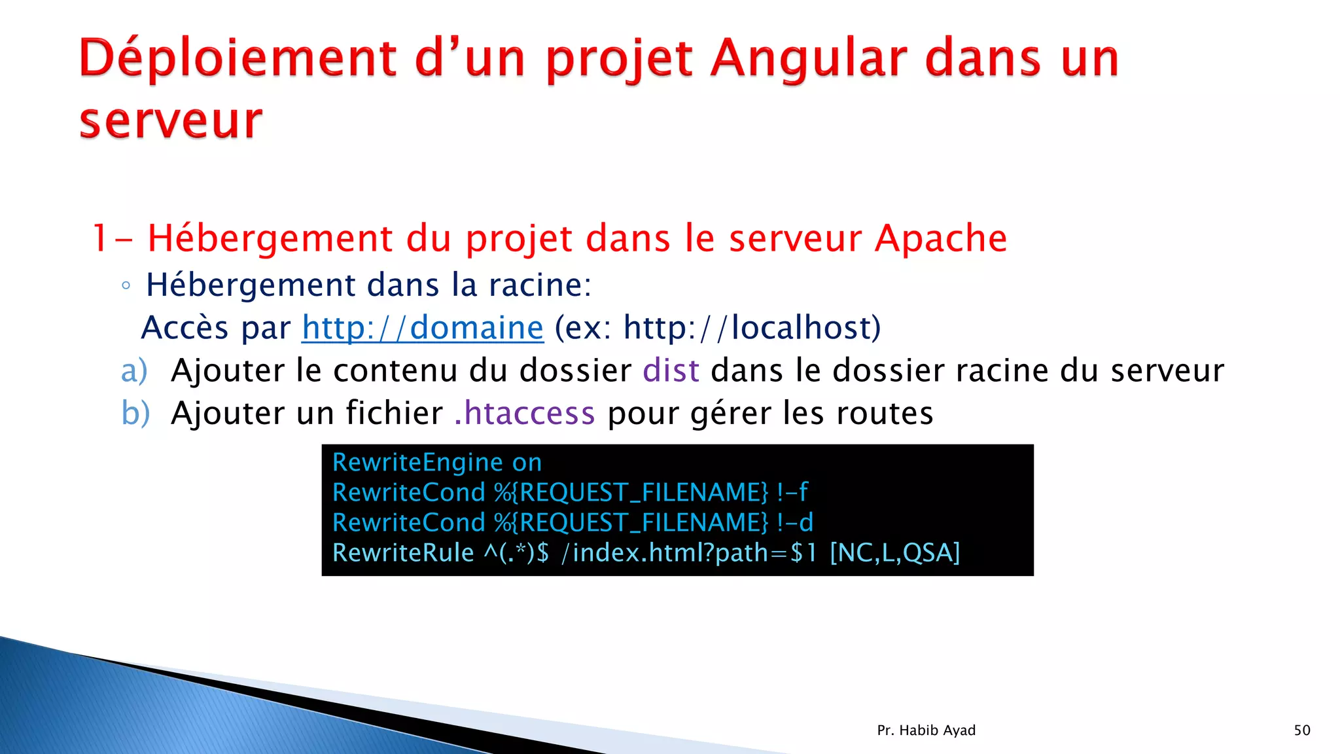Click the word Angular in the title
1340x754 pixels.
(x=810, y=59)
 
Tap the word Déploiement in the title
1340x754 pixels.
(x=238, y=59)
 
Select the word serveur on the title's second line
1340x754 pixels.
(x=171, y=122)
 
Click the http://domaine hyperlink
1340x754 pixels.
(x=423, y=328)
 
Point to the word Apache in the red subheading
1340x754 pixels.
(x=941, y=238)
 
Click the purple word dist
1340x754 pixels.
(x=671, y=371)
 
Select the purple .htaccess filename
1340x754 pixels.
(x=525, y=414)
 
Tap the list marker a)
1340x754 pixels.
(x=134, y=371)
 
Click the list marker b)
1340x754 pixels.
(x=135, y=414)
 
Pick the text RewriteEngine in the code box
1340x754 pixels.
(x=417, y=463)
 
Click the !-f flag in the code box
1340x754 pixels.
(x=792, y=492)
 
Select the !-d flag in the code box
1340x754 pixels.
(x=795, y=522)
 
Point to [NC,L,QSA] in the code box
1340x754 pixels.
(x=894, y=553)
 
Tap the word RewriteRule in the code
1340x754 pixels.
(x=403, y=553)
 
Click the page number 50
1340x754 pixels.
(x=1302, y=730)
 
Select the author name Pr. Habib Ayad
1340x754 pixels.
(x=926, y=730)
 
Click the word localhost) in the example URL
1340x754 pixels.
(x=806, y=328)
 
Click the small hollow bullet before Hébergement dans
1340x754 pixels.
(x=126, y=286)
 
